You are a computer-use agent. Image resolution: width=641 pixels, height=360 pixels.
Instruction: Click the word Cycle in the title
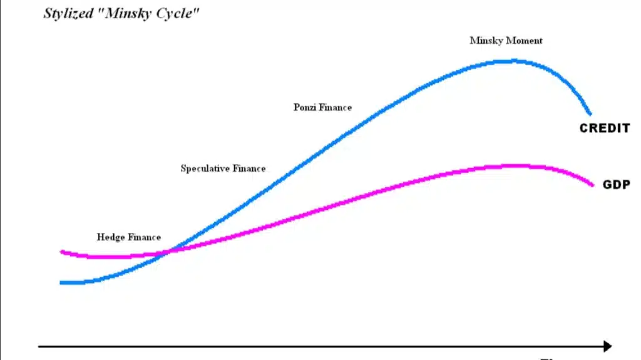177,14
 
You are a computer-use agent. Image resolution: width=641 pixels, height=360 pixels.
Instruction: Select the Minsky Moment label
506,41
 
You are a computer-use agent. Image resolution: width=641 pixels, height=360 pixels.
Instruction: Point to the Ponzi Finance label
322,107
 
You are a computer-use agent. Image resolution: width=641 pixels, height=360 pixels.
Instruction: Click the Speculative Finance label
223,168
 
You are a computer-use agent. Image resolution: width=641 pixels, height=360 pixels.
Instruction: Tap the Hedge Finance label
128,237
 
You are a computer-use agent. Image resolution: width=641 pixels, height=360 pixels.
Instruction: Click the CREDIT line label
604,129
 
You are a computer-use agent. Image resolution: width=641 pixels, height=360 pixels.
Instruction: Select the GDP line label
616,185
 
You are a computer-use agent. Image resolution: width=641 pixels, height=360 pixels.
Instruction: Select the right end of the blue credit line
590,113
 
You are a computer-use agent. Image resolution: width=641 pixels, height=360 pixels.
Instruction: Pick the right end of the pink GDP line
592,184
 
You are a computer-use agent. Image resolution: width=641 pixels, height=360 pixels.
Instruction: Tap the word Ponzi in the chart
305,107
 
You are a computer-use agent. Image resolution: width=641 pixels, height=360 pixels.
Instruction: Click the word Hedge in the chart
111,237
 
